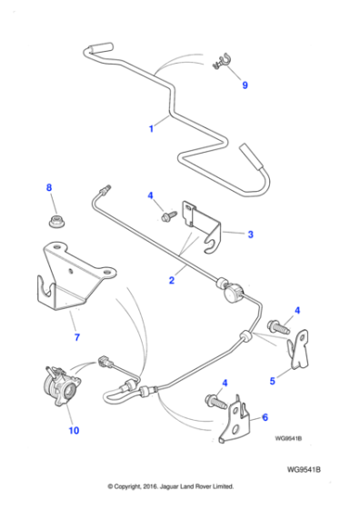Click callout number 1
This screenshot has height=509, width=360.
coord(152,129)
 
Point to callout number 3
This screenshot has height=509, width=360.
coord(251,234)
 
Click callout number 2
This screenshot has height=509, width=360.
coord(171,281)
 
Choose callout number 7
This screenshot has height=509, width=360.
coord(77,337)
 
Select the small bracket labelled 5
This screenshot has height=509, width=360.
coord(295,349)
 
